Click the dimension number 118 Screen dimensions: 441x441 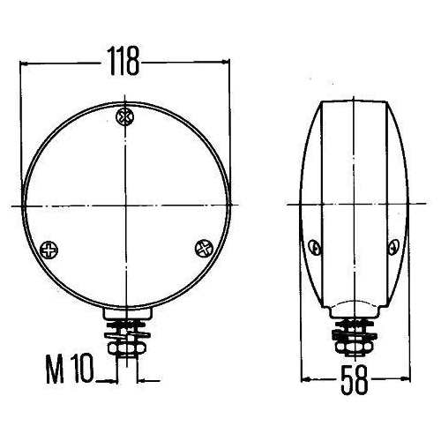click(123, 62)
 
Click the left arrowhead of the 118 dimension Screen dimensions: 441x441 click(25, 64)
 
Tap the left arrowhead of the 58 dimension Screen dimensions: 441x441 click(306, 381)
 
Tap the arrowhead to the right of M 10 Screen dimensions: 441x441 click(113, 380)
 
